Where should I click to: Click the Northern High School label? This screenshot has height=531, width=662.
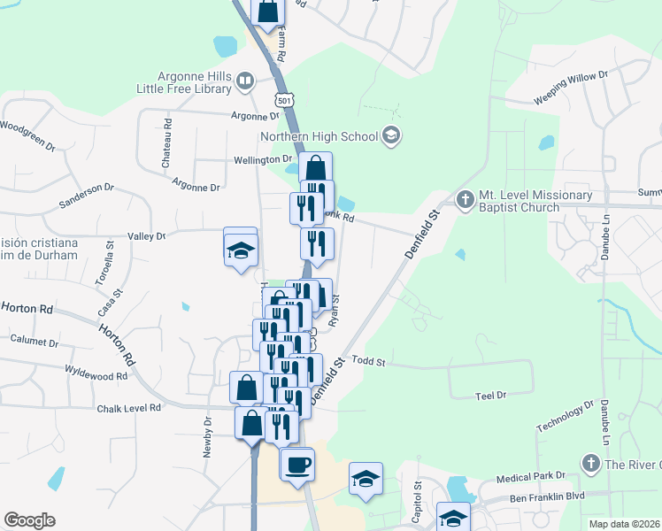(319, 136)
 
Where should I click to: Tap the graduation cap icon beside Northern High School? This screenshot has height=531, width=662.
(391, 136)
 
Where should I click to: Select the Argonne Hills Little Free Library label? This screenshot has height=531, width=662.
(182, 82)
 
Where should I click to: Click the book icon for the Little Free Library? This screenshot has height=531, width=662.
(245, 83)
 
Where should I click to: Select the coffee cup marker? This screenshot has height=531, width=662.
(297, 463)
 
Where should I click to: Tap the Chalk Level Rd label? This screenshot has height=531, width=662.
(129, 407)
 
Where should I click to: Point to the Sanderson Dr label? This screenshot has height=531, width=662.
(87, 195)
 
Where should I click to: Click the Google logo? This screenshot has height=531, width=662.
(29, 519)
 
